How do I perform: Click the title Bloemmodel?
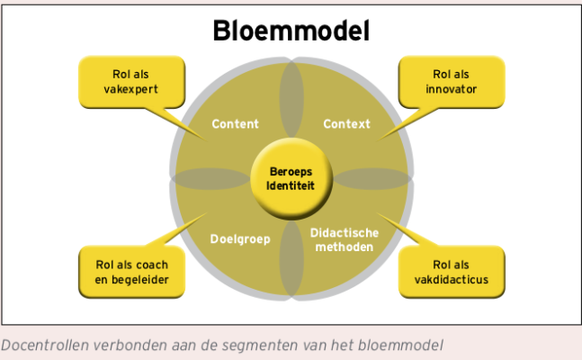coord(291,31)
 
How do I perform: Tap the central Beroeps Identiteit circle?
coord(291,177)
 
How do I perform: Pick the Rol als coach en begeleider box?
coord(131,271)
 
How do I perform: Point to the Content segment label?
coord(235,124)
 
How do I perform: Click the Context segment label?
coord(346,124)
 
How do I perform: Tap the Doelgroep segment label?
coord(240,239)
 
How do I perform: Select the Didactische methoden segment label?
coord(343,239)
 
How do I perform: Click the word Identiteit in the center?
coord(291,185)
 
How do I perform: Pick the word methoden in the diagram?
coord(343,247)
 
